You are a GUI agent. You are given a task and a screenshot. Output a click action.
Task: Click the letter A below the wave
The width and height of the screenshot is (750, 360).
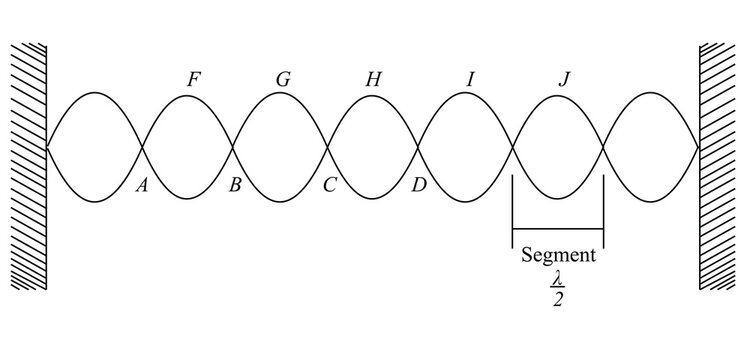point(141,185)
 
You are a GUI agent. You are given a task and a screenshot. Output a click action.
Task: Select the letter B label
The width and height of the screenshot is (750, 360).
point(234,185)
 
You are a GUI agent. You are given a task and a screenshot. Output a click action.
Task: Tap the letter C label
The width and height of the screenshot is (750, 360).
point(329,185)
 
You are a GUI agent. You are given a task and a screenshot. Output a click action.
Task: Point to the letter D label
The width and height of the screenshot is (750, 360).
point(419,185)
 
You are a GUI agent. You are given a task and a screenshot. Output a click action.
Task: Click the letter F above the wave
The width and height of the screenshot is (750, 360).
point(193,79)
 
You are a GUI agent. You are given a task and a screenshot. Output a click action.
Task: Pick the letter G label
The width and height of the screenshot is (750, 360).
point(284,79)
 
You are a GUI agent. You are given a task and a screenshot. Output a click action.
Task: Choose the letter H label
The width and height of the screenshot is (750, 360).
point(373,79)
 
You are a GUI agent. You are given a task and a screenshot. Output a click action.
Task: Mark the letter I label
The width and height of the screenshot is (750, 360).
point(470,79)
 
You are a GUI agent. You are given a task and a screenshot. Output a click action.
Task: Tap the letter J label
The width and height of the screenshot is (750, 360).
point(564,79)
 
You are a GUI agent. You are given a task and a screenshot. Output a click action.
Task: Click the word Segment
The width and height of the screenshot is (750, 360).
point(558,255)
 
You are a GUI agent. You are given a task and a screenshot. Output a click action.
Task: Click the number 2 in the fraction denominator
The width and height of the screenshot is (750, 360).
point(558,299)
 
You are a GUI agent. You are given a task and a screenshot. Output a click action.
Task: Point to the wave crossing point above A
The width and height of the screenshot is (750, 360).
point(142,147)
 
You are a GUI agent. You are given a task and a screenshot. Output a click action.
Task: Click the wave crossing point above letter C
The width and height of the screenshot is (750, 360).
point(328,147)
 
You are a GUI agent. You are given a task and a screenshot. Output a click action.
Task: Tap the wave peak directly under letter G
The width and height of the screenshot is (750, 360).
point(280,93)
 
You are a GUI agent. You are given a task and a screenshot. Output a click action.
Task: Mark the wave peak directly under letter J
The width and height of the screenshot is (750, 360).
point(558,96)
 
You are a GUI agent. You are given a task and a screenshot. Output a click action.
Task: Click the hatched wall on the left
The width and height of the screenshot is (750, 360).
point(29,166)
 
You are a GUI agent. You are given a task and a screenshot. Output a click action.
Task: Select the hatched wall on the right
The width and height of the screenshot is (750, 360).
point(717,166)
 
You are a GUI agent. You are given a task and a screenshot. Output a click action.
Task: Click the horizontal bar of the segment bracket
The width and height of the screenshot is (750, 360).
point(558,229)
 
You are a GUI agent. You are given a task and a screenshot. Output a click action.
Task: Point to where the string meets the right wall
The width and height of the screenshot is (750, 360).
point(699,147)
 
